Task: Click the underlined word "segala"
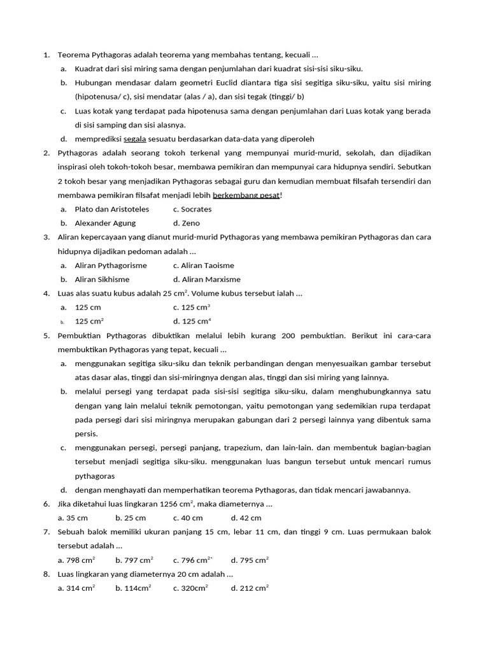[135, 139]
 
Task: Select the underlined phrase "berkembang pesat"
[246, 195]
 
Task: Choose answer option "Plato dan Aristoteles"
[111, 209]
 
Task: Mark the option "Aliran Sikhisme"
[102, 279]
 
